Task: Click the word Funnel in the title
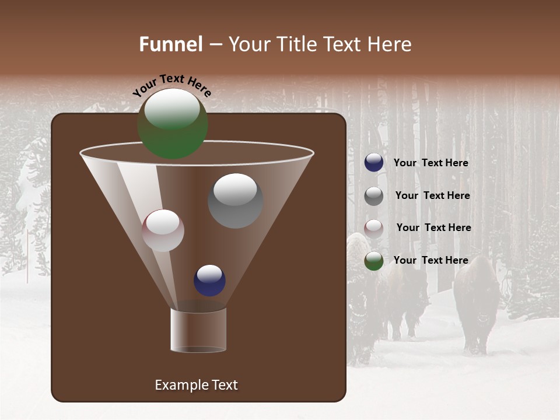tap(171, 44)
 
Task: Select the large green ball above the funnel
tap(173, 123)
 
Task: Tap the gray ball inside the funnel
tap(235, 200)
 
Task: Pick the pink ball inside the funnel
tap(163, 230)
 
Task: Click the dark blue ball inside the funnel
tap(209, 280)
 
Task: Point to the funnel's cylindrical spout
tap(198, 330)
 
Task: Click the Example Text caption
tap(196, 385)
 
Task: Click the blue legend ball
tap(374, 163)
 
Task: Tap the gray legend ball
tap(374, 196)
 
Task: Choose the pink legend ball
tap(374, 228)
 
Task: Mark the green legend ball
tap(374, 261)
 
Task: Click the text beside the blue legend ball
tap(430, 163)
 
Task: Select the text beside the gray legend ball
tap(432, 195)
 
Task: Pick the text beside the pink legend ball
tap(433, 228)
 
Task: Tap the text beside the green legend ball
tap(430, 260)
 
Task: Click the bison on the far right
tap(477, 303)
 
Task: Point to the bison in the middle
tap(405, 297)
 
